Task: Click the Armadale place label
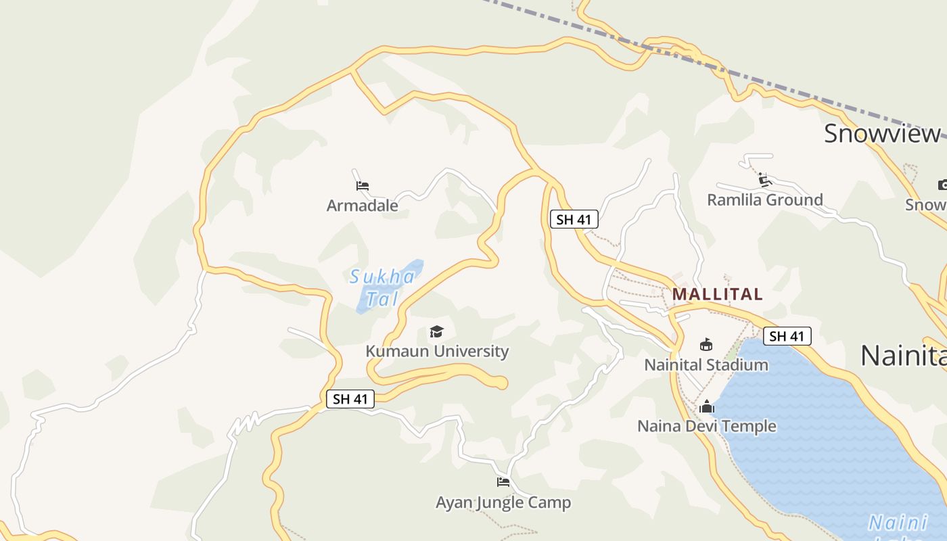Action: [362, 205]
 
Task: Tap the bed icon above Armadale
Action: [362, 185]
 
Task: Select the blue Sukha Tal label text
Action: [382, 287]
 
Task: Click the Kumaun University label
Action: [437, 351]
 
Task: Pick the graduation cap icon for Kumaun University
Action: [436, 331]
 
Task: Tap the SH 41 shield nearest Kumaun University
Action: [350, 399]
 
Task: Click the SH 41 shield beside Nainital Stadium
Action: [787, 336]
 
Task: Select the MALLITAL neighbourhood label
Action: [717, 294]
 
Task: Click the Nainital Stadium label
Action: [706, 364]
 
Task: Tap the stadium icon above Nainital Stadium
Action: [706, 344]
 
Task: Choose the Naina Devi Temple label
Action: [707, 426]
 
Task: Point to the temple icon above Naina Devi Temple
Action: [707, 406]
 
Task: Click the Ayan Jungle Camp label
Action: [503, 502]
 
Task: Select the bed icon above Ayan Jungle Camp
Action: [503, 482]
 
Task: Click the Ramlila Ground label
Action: [765, 199]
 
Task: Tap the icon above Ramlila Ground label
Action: [765, 180]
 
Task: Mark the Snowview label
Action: [882, 133]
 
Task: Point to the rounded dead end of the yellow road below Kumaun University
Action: [500, 383]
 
